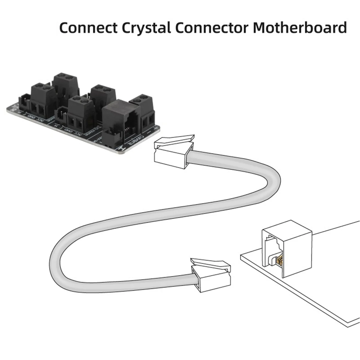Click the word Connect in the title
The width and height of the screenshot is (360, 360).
click(88, 28)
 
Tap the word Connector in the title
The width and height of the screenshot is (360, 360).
click(211, 28)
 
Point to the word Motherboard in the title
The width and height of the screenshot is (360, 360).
click(300, 28)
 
